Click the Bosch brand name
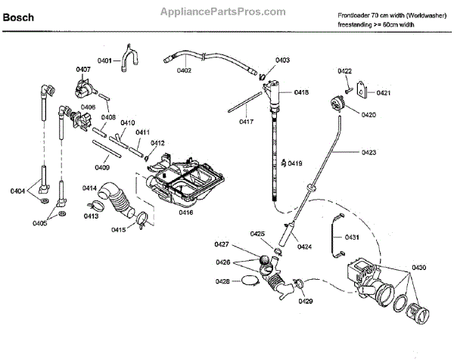20,15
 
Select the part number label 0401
104,60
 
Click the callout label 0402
184,70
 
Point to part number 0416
185,213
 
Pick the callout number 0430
419,267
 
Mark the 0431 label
352,237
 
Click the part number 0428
222,281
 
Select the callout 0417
247,121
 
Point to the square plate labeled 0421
362,91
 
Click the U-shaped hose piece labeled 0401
130,58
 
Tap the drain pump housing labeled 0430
362,279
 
